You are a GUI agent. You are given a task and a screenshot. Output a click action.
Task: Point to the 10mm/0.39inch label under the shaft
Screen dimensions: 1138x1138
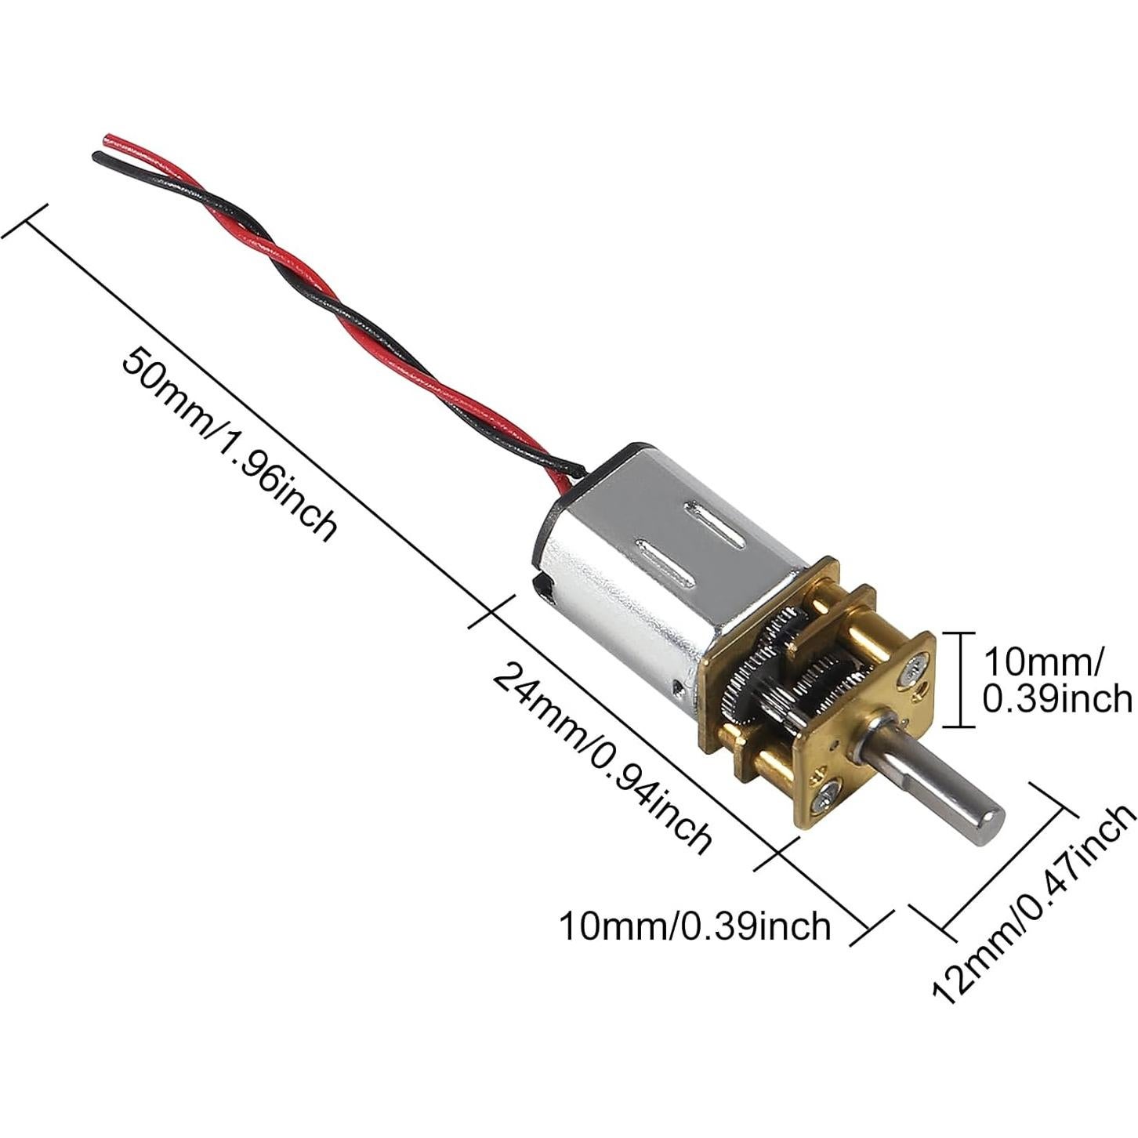pos(694,926)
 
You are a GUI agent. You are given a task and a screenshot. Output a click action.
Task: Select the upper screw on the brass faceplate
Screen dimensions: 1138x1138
pos(912,668)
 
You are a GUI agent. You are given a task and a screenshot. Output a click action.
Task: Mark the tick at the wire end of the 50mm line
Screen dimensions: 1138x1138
pos(27,224)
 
